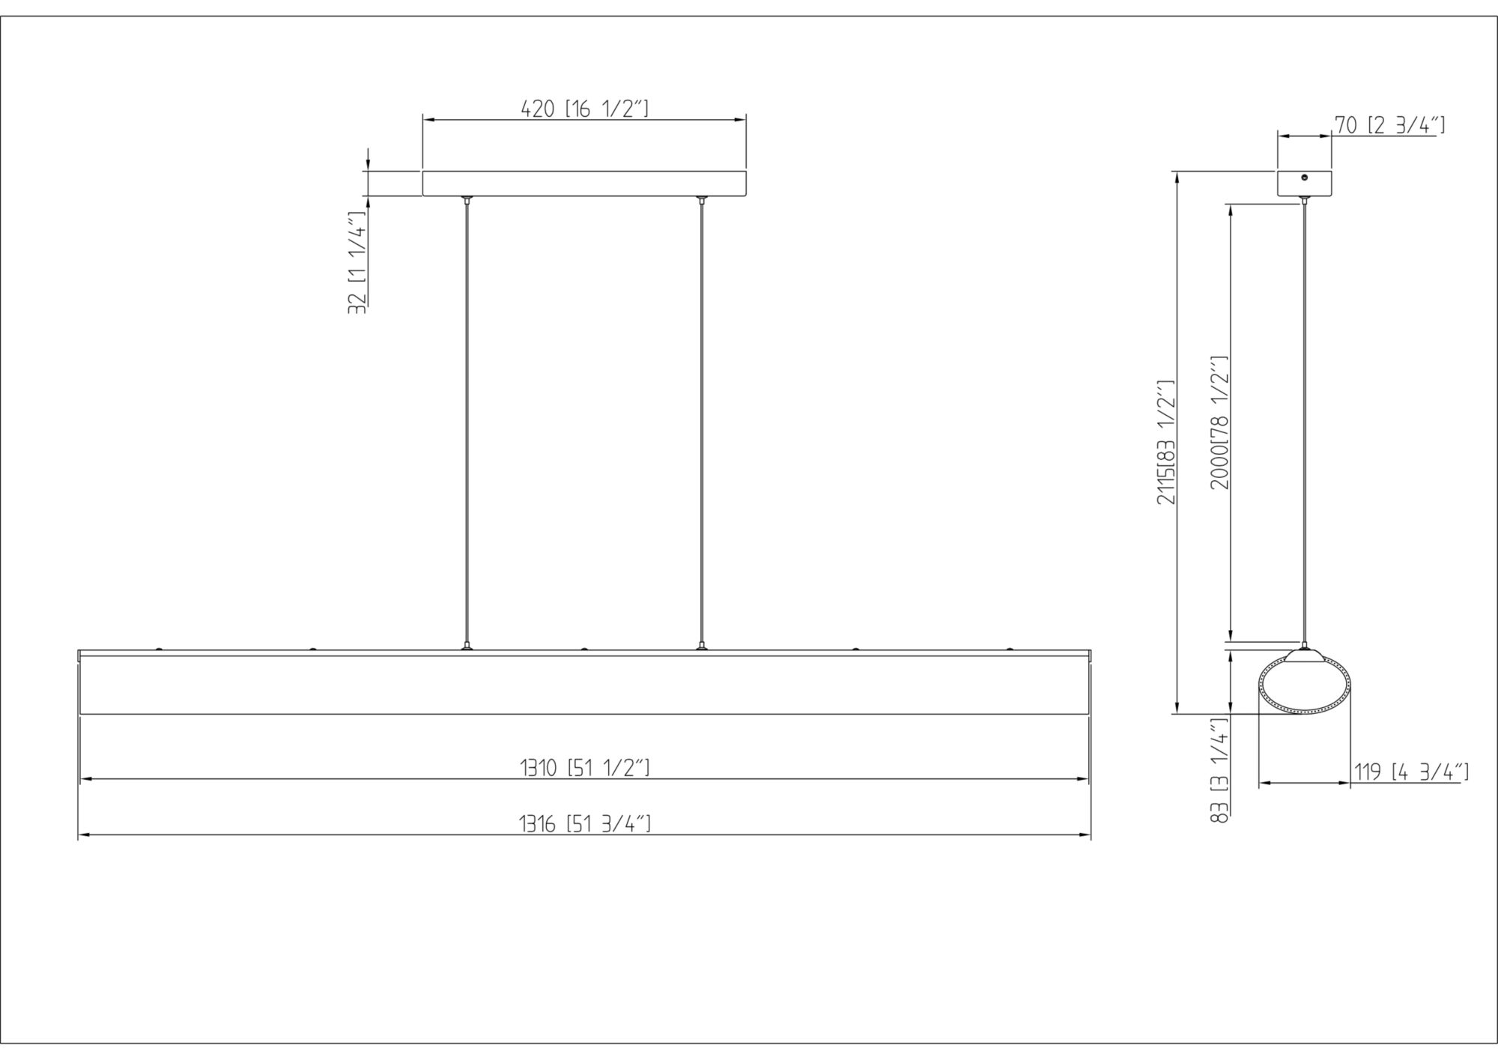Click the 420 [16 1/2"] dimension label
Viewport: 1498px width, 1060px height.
click(584, 109)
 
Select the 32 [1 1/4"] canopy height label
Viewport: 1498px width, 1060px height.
click(358, 261)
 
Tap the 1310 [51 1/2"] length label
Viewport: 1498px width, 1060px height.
click(584, 768)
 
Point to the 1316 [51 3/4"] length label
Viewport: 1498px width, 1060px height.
click(584, 824)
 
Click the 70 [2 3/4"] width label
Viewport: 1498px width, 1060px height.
click(1389, 125)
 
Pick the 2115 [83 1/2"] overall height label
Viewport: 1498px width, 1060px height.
click(1167, 441)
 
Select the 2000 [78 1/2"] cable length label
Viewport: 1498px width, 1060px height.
click(1221, 422)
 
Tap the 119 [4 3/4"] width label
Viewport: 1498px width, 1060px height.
click(1411, 772)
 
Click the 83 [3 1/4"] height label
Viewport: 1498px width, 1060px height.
click(1221, 770)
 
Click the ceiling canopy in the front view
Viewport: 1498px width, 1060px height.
click(584, 184)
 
